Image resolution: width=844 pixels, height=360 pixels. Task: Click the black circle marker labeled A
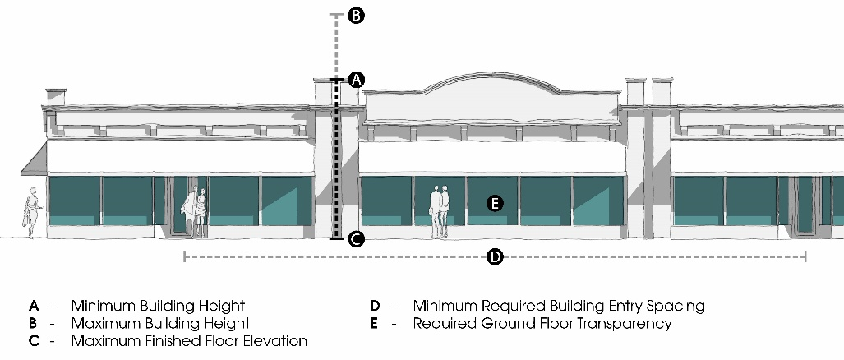click(356, 80)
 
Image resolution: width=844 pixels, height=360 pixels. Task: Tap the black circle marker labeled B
click(356, 15)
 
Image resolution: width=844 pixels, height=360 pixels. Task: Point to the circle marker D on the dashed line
click(495, 257)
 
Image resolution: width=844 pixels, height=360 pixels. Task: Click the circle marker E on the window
click(495, 203)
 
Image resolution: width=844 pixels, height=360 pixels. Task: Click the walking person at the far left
click(32, 213)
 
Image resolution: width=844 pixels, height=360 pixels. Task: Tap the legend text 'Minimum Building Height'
click(158, 306)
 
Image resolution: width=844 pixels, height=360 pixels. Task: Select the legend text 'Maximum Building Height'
click(160, 324)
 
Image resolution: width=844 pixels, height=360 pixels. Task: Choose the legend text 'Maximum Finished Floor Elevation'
click(189, 341)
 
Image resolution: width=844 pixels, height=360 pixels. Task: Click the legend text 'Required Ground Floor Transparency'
click(542, 324)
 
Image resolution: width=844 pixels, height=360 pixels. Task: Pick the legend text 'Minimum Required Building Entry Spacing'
click(559, 306)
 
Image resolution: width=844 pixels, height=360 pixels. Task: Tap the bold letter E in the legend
click(375, 324)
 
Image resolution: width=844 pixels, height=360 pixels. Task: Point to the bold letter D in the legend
click(375, 306)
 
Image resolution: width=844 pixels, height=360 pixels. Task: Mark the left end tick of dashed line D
click(183, 257)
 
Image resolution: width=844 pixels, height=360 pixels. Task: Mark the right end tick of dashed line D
click(805, 257)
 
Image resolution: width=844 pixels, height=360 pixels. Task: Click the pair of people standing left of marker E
click(440, 211)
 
